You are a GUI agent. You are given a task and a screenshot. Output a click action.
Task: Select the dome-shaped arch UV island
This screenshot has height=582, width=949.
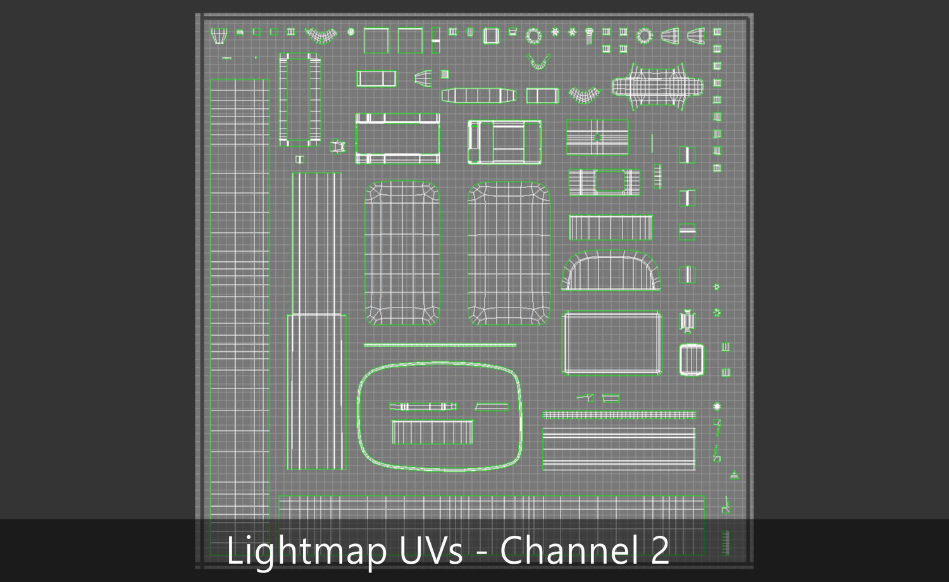point(611,271)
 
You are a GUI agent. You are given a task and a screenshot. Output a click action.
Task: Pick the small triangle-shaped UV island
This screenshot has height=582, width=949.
point(734,474)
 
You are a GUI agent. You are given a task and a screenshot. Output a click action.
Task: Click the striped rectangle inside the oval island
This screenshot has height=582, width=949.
point(432,432)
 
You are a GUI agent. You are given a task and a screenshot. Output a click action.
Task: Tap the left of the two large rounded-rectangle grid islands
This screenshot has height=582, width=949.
point(402,253)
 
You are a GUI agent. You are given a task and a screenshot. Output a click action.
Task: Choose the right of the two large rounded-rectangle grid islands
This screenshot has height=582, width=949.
point(509,253)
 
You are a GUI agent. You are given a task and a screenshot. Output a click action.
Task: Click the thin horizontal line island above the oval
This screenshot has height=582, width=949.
point(440,345)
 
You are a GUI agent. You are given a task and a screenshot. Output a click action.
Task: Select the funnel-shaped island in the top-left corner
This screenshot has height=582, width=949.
point(219,35)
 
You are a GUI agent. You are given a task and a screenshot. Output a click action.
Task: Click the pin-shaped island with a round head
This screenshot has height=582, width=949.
point(589,35)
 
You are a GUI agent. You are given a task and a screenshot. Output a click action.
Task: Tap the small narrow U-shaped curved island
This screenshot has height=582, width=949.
point(538,61)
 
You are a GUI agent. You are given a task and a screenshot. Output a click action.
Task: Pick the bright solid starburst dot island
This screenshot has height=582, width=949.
point(717,406)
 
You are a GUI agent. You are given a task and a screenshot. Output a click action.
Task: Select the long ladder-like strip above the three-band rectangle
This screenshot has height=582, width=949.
point(619,415)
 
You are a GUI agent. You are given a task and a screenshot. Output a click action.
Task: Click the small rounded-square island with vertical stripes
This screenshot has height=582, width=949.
point(691,359)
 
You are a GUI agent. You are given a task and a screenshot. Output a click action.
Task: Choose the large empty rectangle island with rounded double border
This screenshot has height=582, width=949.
point(612,343)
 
